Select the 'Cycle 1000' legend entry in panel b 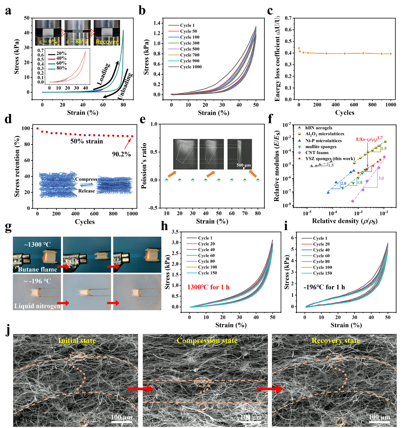pos(191,67)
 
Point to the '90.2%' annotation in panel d pos(121,154)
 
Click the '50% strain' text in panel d pos(87,141)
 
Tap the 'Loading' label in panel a pos(104,74)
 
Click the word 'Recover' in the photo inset pos(107,42)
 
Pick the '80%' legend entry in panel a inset pos(62,68)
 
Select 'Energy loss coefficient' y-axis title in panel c pos(278,58)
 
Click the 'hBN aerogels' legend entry pos(318,128)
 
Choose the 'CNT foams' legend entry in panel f pos(317,152)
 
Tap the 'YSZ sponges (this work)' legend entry pos(329,159)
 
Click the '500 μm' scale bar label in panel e pos(243,165)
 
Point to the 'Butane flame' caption pos(37,269)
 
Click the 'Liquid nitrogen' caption pos(37,306)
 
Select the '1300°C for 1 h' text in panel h pos(208,287)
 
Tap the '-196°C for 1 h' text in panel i pos(324,287)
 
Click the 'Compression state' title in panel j pos(207,341)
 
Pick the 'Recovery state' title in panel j pos(336,341)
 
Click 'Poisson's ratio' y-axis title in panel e pos(144,166)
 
